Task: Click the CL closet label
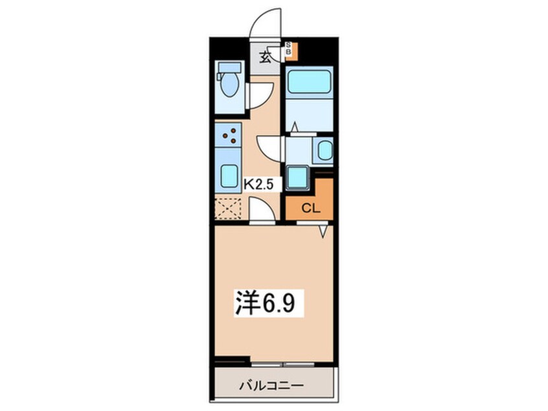point(310,209)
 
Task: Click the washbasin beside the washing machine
point(325,150)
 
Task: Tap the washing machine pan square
point(299,176)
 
